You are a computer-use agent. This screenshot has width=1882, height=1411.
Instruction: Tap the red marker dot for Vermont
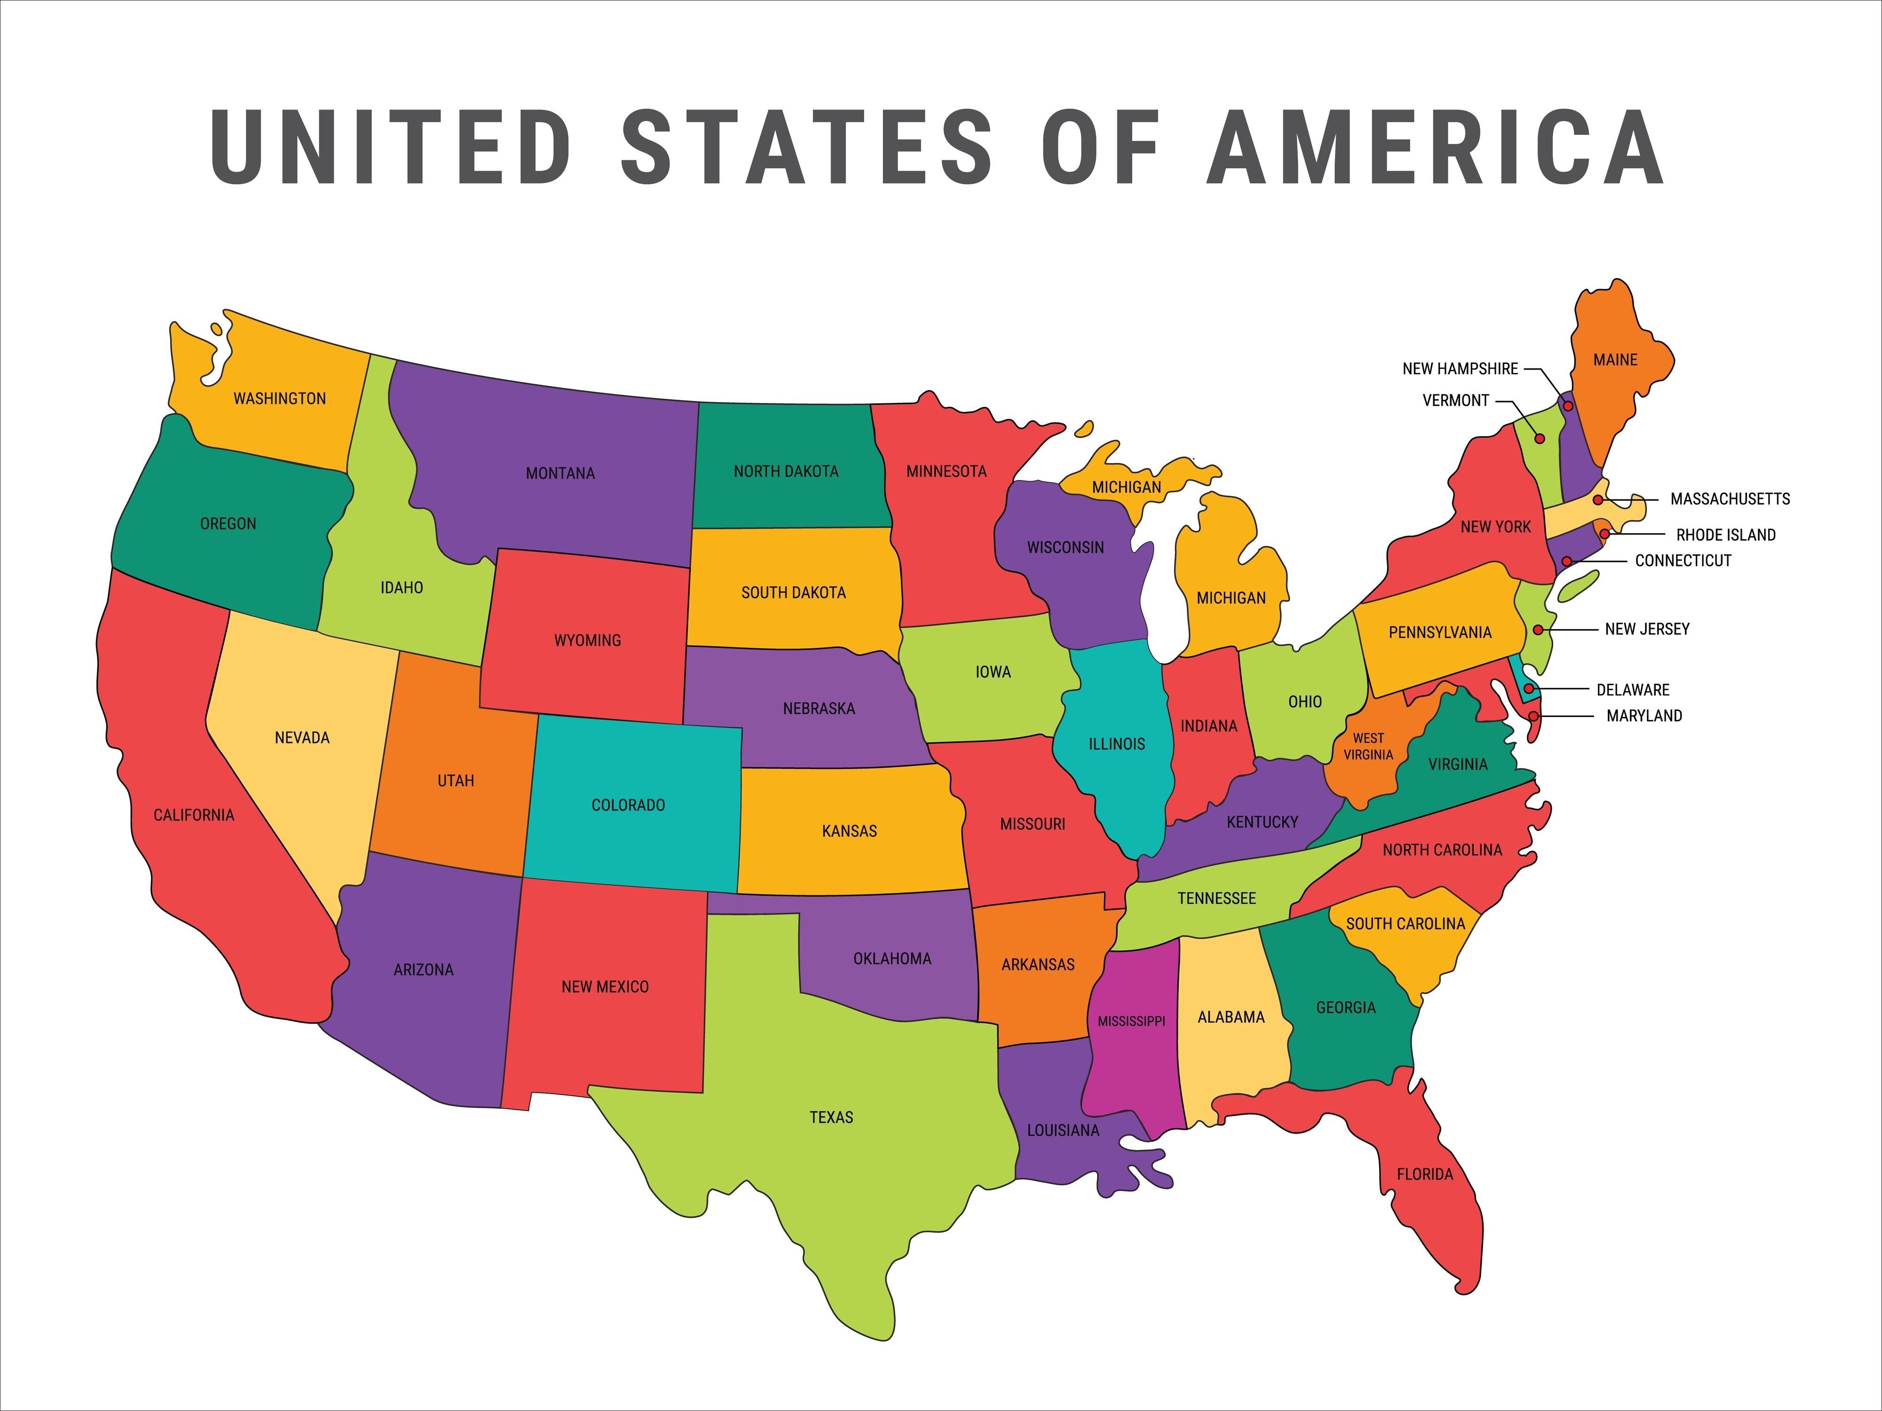coord(1539,439)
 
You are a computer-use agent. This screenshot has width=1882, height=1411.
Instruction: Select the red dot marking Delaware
coord(1529,688)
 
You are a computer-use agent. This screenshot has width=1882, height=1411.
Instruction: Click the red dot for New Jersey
coord(1538,630)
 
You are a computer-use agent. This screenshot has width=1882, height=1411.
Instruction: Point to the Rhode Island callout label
coord(1725,535)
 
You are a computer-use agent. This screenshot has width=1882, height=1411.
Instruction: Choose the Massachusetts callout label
coord(1730,499)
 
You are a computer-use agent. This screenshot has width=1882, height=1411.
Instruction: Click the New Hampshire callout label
coord(1460,369)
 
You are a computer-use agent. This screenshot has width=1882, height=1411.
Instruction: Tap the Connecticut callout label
coord(1683,560)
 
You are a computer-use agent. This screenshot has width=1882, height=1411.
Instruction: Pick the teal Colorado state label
coord(628,804)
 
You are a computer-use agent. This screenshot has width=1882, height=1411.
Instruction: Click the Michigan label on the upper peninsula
coord(1127,488)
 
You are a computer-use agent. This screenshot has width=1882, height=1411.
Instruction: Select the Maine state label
coord(1615,360)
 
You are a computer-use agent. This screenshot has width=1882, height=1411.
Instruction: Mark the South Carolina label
coord(1406,923)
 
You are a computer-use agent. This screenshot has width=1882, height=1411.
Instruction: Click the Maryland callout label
coord(1644,716)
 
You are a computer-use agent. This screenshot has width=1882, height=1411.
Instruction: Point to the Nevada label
coord(302,737)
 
